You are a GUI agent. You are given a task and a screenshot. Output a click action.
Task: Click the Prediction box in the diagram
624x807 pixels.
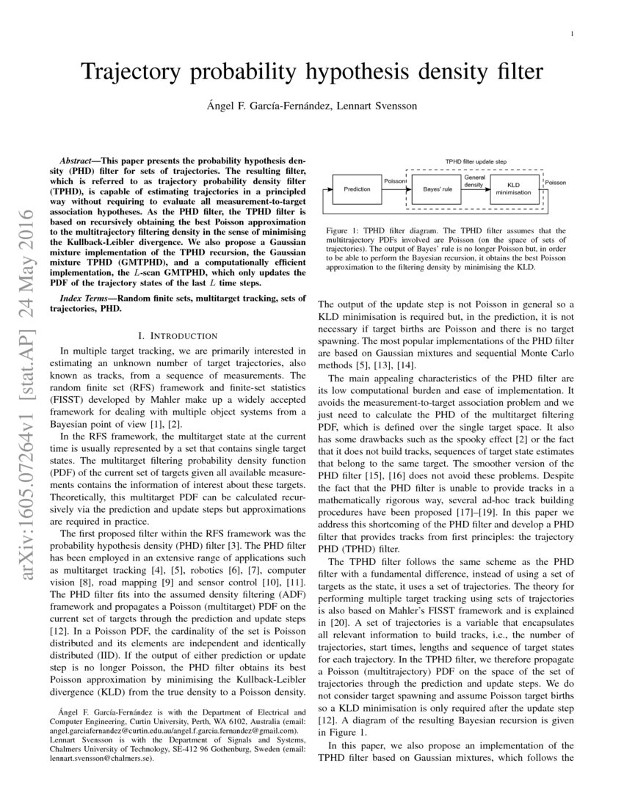pos(357,189)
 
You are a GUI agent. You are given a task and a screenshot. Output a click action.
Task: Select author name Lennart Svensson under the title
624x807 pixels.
pos(377,106)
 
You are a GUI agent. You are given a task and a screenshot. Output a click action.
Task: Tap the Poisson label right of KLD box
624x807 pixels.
pos(556,182)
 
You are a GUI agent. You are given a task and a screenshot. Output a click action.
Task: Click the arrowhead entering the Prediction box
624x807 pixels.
pos(330,189)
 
